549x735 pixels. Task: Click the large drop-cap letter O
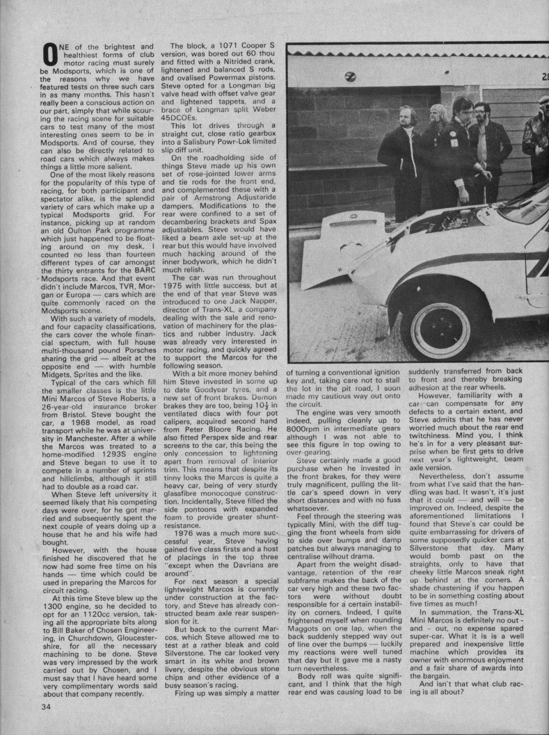(x=49, y=54)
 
